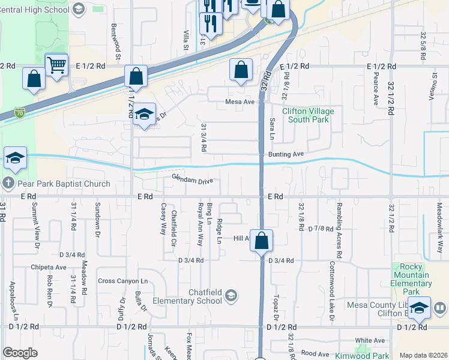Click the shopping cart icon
[x=56, y=64]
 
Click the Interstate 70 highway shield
[x=20, y=112]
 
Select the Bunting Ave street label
[x=286, y=154]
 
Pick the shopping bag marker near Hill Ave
[x=261, y=241]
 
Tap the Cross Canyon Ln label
[x=122, y=281]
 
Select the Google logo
[x=20, y=352]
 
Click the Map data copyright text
[x=423, y=355]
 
